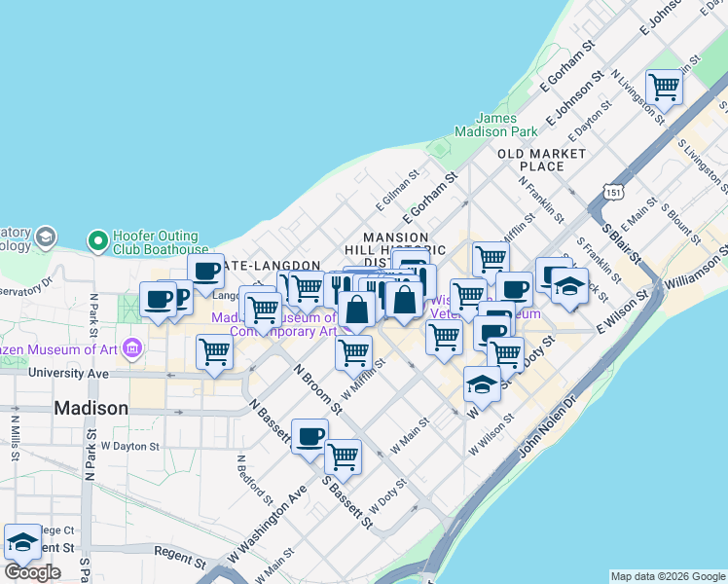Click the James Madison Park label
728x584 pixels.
[498, 125]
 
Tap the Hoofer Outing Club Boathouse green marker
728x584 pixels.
[97, 239]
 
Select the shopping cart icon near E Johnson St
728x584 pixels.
[665, 88]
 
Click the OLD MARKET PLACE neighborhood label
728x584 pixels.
[542, 160]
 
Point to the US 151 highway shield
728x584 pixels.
[613, 192]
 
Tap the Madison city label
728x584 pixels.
[91, 408]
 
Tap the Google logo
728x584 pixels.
[32, 572]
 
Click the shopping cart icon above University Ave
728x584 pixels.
[214, 352]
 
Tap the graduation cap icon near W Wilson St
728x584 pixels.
[482, 384]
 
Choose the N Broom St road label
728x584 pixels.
[317, 389]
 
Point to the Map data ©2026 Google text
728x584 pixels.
[667, 576]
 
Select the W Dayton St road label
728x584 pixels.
[129, 446]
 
